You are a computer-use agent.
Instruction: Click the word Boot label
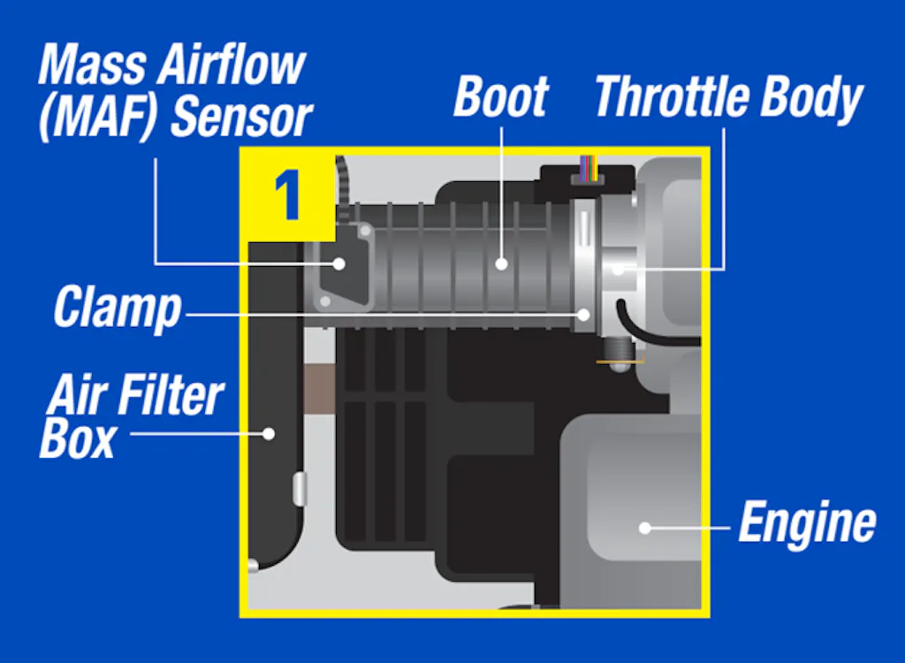(500, 96)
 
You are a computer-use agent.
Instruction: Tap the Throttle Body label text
(728, 97)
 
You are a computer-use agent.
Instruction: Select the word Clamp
(118, 308)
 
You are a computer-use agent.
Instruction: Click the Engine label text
(808, 522)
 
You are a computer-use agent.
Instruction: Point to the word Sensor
(242, 118)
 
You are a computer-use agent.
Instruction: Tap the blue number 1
(287, 195)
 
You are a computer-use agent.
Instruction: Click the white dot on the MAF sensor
(339, 264)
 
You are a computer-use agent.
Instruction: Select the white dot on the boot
(502, 264)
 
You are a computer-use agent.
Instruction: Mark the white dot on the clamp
(583, 315)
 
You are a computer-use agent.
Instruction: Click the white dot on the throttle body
(618, 269)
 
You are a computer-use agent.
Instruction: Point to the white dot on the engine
(645, 527)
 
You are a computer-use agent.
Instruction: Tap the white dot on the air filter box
(269, 434)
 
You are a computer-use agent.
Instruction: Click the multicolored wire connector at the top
(589, 169)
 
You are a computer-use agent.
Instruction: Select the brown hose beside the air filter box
(318, 389)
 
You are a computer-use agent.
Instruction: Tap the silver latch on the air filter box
(300, 489)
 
